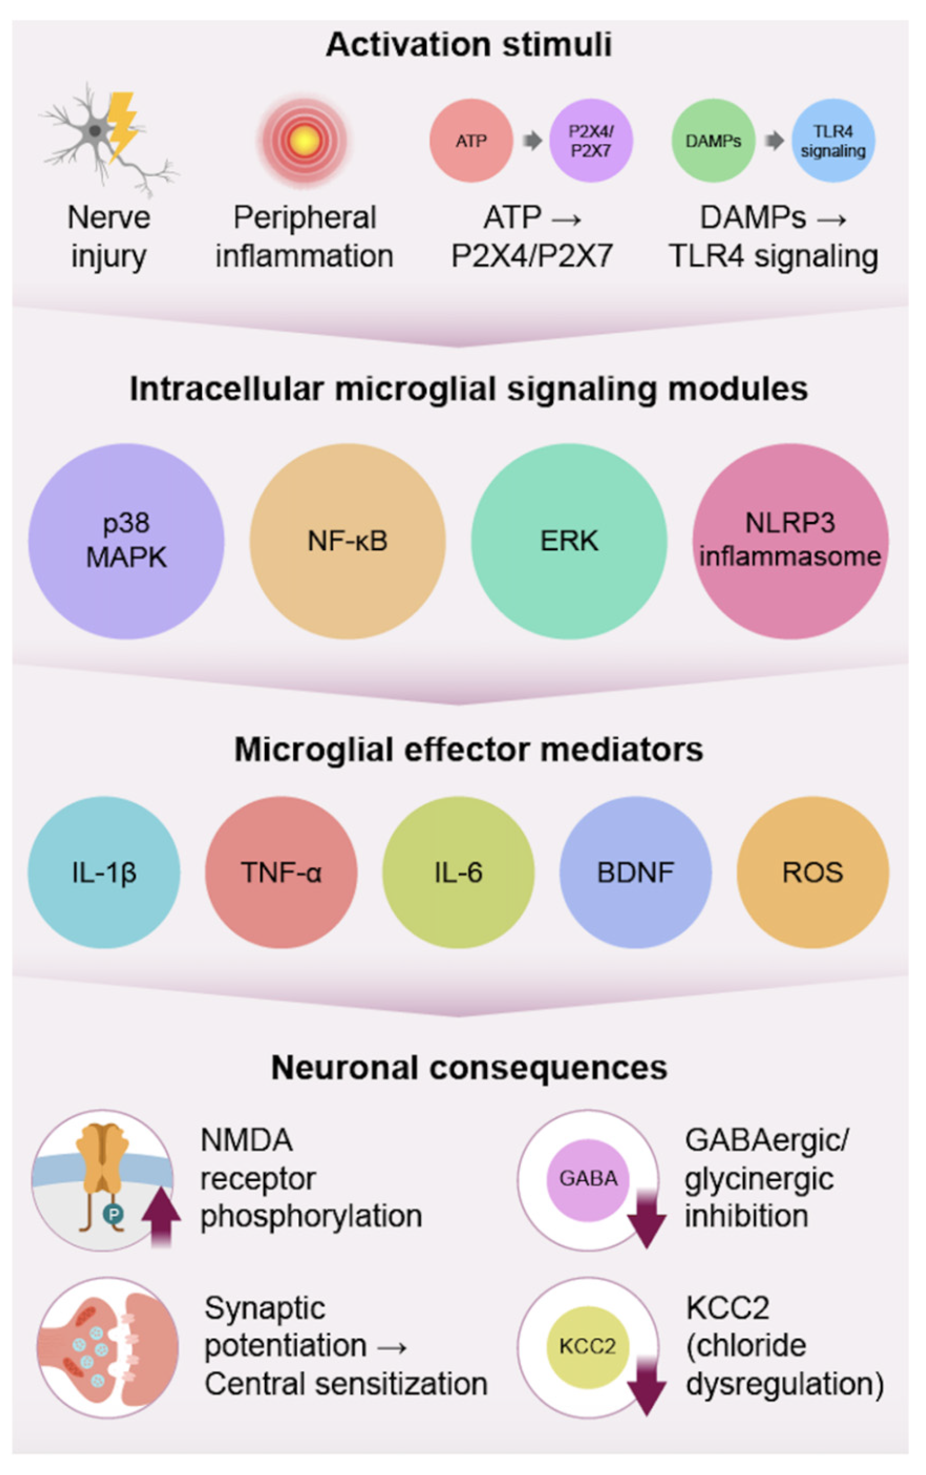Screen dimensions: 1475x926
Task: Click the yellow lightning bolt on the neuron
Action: [123, 125]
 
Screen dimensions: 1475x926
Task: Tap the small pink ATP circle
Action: [471, 141]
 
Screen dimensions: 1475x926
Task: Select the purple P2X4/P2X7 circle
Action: [590, 141]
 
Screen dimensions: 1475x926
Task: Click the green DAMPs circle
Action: [713, 141]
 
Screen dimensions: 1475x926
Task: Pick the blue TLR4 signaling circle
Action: [833, 141]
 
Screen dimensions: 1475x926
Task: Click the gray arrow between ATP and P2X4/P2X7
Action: [532, 141]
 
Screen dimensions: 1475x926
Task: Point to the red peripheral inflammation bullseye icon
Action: [303, 141]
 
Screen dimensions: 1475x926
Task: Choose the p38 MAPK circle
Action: [126, 541]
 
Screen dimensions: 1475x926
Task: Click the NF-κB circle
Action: [347, 541]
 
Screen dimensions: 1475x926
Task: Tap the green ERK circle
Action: [569, 541]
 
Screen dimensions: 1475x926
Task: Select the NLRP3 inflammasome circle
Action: [790, 541]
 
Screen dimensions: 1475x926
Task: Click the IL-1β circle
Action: [104, 872]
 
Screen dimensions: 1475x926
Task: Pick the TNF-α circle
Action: [281, 872]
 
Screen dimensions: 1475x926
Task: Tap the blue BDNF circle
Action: [636, 872]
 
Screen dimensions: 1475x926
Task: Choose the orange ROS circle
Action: [813, 872]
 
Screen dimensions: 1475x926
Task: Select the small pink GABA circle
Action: [588, 1178]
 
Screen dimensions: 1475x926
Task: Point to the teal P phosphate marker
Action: [113, 1214]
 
